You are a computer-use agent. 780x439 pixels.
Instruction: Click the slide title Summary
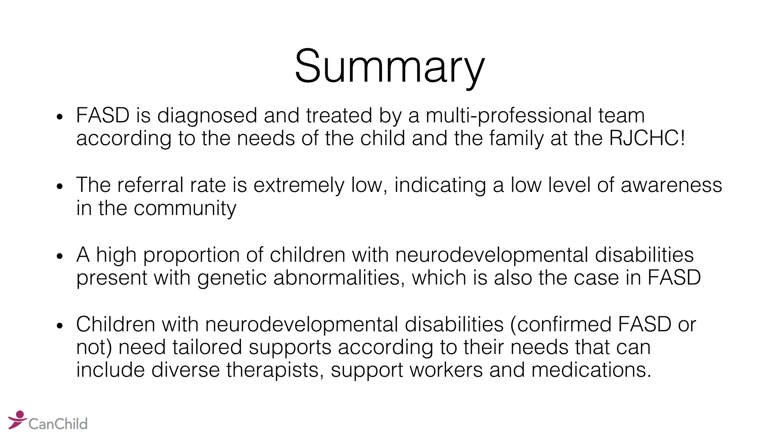390,66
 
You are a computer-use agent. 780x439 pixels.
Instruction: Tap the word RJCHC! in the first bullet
647,138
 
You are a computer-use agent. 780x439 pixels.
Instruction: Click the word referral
150,185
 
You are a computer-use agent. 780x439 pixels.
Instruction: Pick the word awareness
671,185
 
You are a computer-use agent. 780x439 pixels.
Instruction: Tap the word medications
591,370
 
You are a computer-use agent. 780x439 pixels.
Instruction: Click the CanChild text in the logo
58,424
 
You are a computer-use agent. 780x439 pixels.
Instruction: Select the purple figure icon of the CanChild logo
17,420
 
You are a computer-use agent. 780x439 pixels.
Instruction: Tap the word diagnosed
207,116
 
